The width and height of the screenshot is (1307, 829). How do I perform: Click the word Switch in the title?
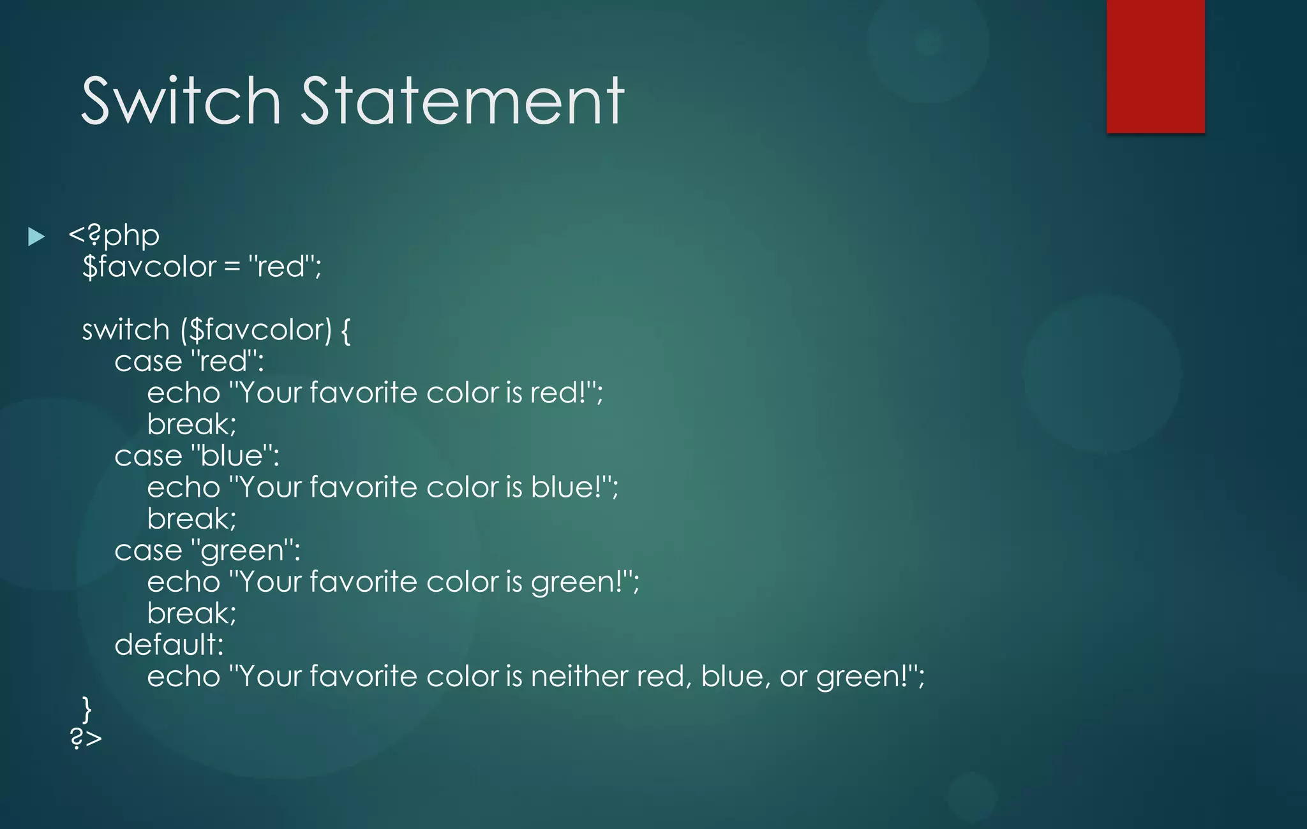181,101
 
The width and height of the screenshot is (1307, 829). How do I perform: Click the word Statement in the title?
462,101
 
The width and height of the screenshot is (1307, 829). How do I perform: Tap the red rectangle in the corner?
1155,66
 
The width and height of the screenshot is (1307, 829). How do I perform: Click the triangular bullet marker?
36,237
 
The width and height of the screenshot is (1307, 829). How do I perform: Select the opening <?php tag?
114,236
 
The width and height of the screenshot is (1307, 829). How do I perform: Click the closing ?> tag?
86,738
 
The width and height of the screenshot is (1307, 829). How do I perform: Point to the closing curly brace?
87,708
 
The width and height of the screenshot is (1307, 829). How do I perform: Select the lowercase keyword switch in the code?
126,330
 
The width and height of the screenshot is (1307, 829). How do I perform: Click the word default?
168,645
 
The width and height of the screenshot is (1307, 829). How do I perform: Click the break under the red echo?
191,425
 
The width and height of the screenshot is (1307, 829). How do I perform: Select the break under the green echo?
191,613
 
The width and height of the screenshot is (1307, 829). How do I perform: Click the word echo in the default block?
183,677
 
